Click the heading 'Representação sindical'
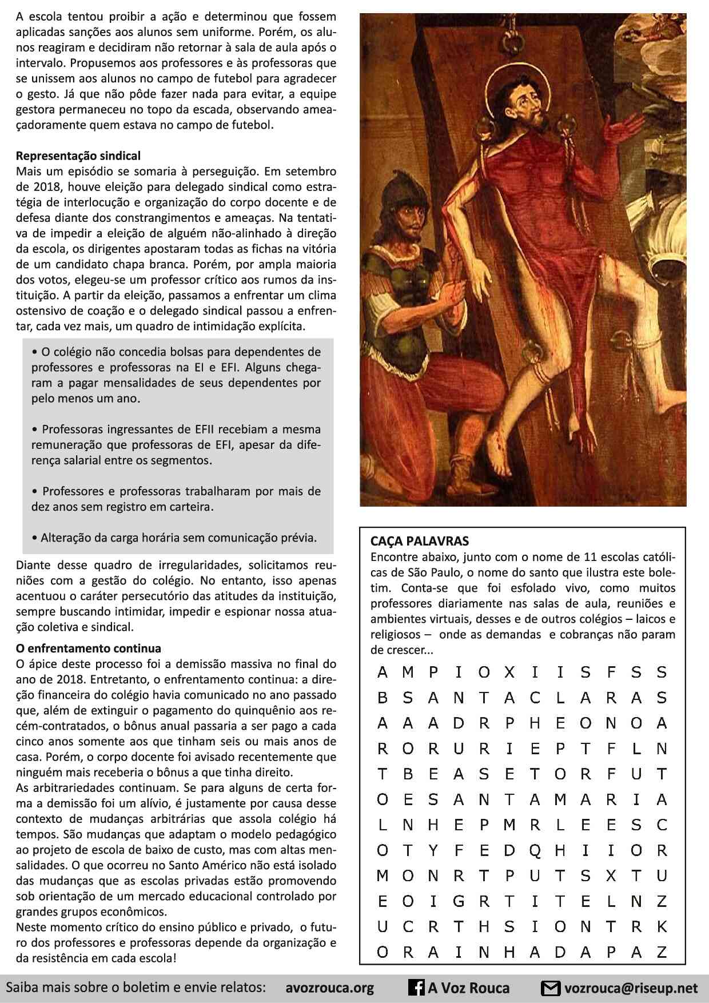[78, 156]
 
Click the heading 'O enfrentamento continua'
[89, 648]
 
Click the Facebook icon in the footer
[416, 988]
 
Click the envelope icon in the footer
[551, 988]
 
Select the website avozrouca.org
[329, 988]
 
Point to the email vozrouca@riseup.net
[631, 988]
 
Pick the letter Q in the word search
[535, 851]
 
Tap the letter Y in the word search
[433, 851]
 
